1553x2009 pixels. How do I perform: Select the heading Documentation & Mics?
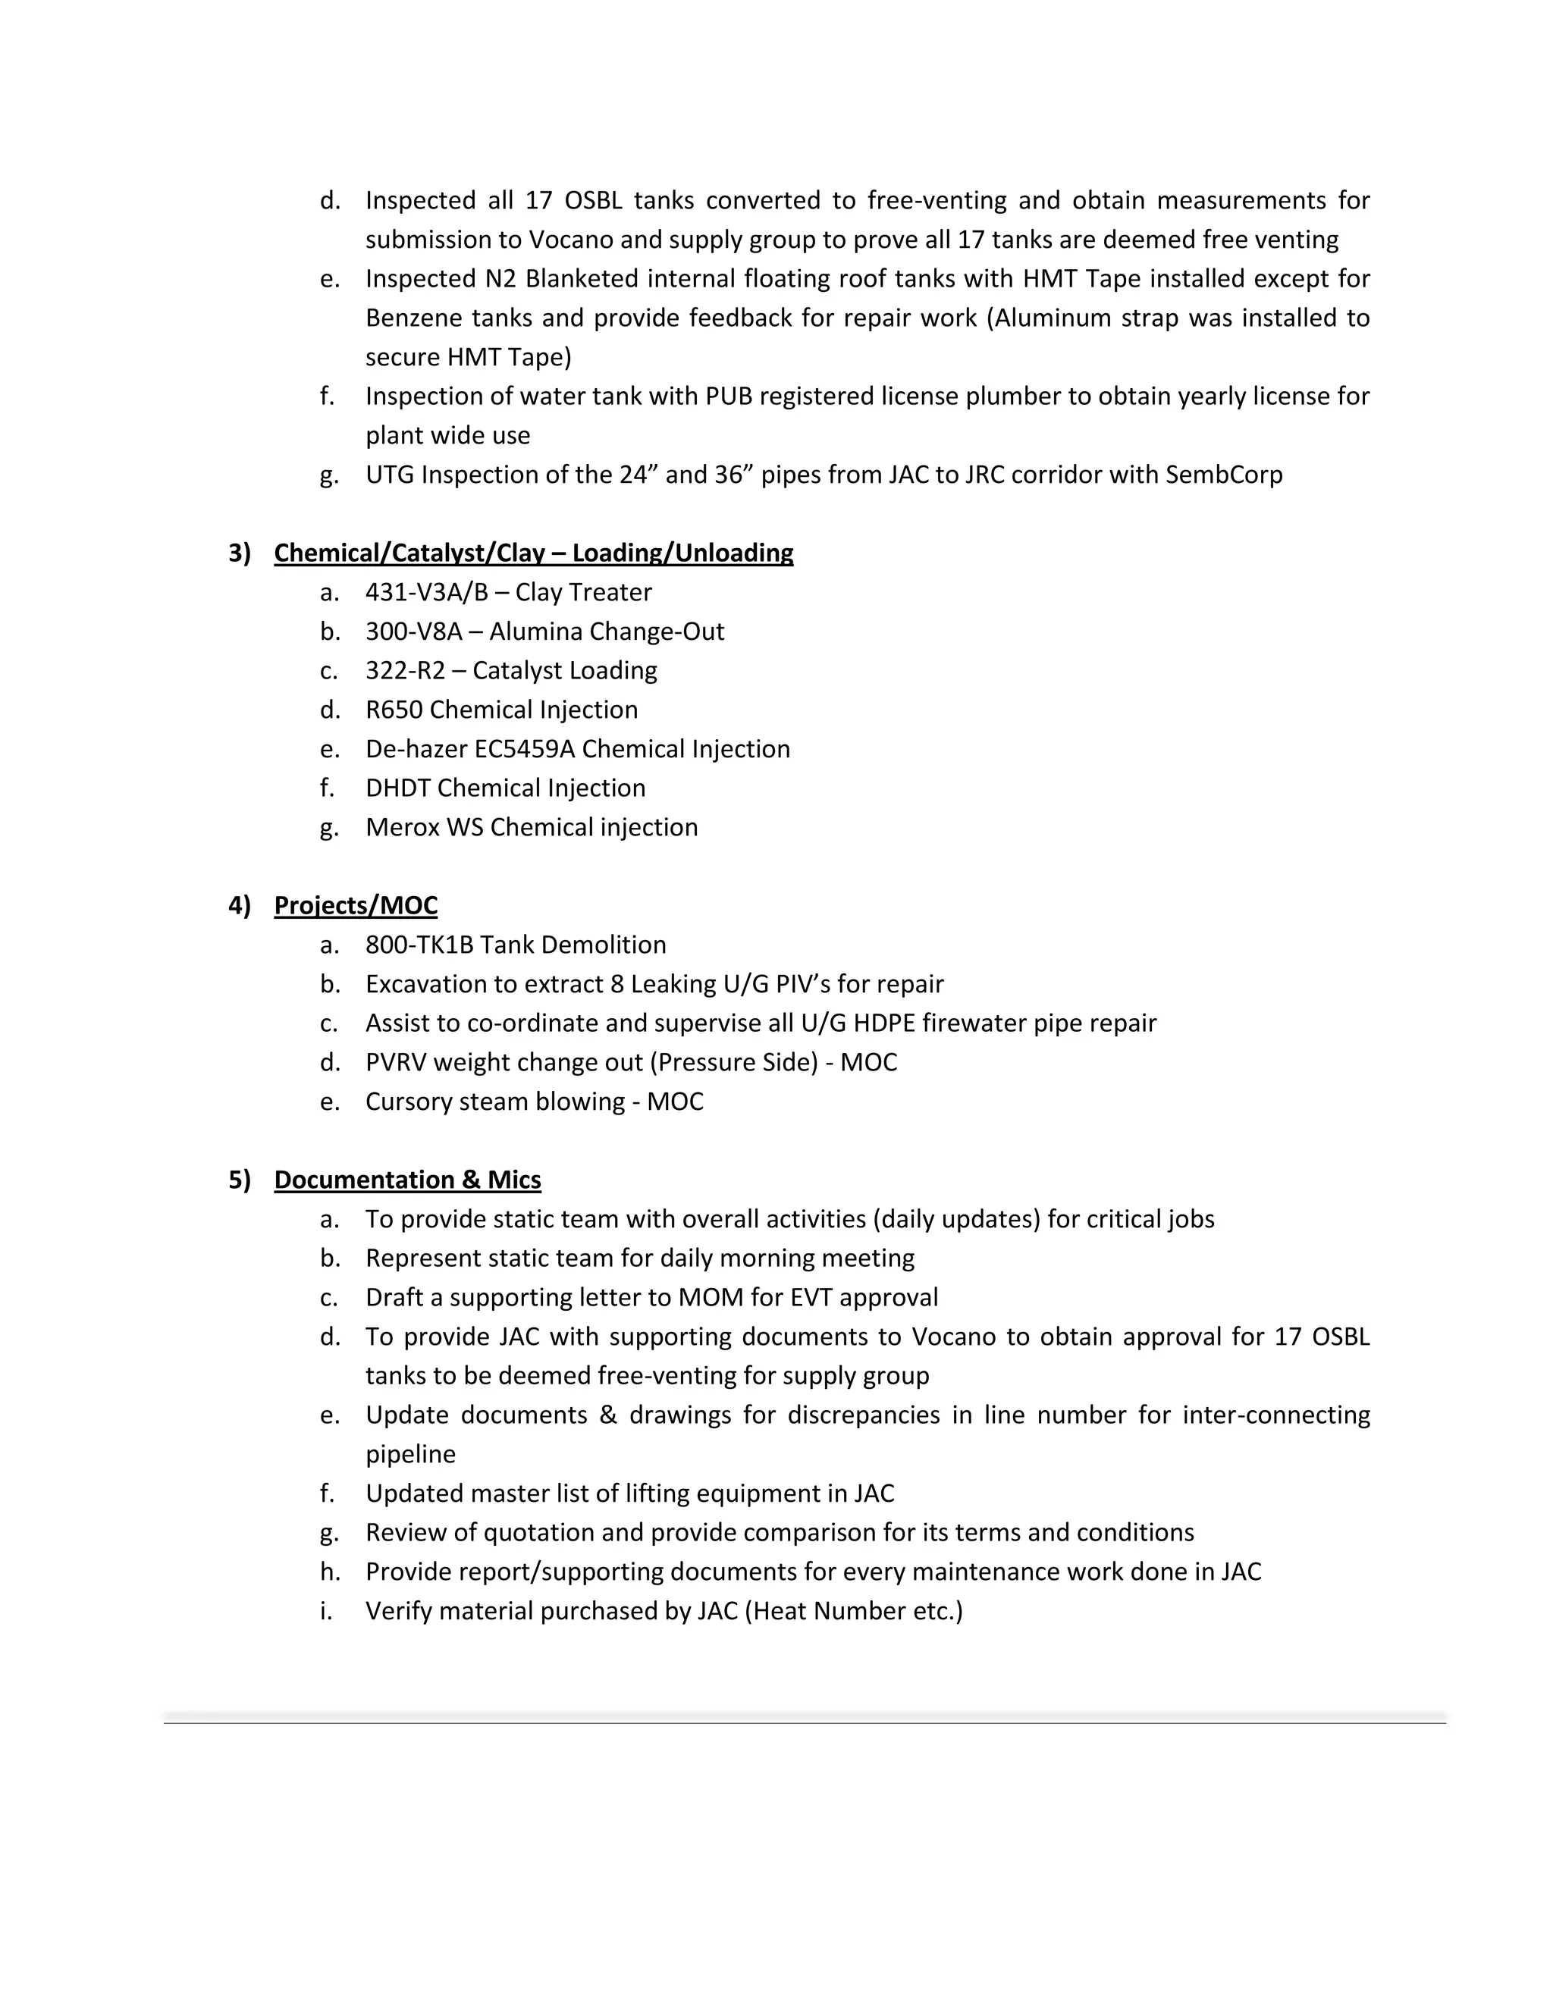coord(406,1180)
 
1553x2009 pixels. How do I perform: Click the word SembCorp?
coord(1224,475)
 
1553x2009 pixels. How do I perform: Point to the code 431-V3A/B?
coord(426,592)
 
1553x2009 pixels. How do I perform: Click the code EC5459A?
coord(525,749)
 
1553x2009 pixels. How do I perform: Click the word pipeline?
coord(410,1454)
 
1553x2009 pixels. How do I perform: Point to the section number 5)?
coord(239,1180)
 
